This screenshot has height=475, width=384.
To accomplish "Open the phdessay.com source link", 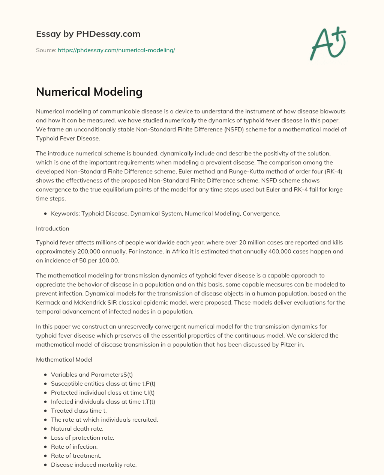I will pos(116,50).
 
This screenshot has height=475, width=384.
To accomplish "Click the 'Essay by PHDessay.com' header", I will pos(88,34).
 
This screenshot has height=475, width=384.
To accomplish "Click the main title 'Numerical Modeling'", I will pos(89,92).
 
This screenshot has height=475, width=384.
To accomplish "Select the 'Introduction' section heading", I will pos(52,228).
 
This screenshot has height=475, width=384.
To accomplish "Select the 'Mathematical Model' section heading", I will pos(64,359).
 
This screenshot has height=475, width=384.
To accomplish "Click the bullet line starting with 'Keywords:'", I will pos(165,213).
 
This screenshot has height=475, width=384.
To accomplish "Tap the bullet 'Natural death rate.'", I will pos(77,428).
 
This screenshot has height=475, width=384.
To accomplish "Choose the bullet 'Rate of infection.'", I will pos(74,446).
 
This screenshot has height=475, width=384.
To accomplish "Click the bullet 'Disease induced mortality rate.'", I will pos(94,464).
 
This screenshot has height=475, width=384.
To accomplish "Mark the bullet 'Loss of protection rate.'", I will pos(82,437).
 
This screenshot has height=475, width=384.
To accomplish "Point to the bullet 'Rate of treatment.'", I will pos(76,455).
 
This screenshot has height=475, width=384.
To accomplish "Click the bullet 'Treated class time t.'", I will pos(79,410).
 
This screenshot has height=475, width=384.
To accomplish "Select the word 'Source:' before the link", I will pos(46,50).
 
